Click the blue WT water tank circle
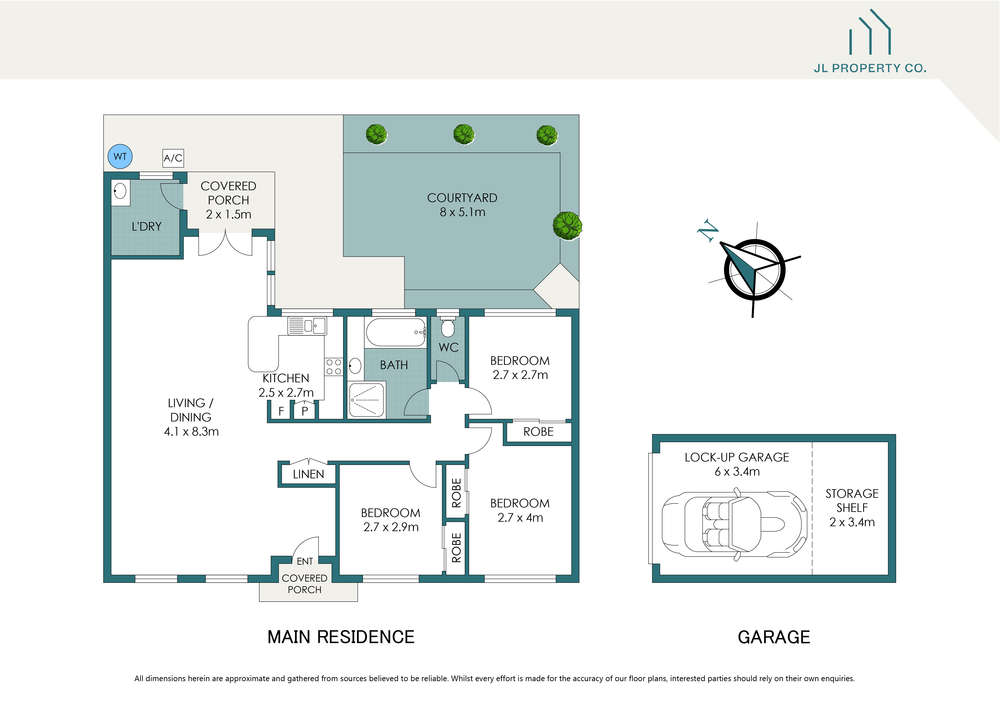click(120, 157)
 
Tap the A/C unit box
click(173, 158)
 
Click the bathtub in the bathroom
click(395, 332)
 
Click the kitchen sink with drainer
click(307, 326)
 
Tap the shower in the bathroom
click(367, 400)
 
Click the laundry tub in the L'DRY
click(120, 191)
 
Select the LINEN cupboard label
click(308, 474)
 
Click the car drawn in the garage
click(734, 525)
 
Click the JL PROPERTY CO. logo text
click(870, 68)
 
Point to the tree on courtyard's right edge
click(567, 225)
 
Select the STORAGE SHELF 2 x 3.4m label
click(852, 508)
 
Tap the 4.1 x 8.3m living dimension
click(191, 432)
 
